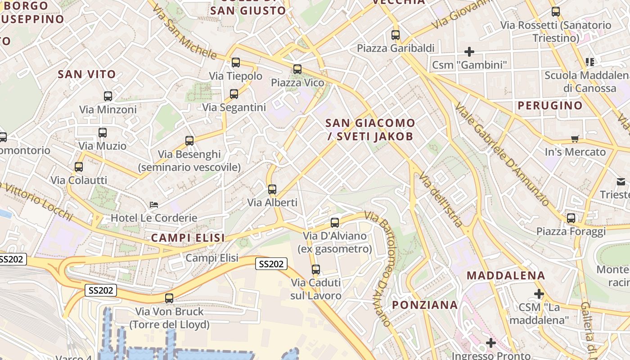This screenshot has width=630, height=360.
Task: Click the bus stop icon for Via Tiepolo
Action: click(x=235, y=63)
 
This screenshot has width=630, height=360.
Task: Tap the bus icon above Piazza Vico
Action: click(x=297, y=69)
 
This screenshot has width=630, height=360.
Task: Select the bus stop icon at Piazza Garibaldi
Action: click(x=396, y=35)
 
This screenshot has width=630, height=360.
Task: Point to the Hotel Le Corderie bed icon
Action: click(x=154, y=205)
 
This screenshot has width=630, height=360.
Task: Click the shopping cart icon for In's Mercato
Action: click(x=575, y=139)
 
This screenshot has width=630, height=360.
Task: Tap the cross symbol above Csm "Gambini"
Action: click(x=469, y=52)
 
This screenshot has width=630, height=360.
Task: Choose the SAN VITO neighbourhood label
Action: click(x=87, y=74)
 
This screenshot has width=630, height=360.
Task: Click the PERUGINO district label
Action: click(x=550, y=106)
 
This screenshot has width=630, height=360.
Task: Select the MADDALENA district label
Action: click(x=506, y=275)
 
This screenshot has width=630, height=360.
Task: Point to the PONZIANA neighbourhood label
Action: click(x=425, y=305)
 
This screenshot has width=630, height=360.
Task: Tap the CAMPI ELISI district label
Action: click(x=188, y=238)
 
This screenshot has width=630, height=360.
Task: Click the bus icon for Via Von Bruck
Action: click(x=169, y=298)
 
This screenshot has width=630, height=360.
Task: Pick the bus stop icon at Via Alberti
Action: click(x=272, y=189)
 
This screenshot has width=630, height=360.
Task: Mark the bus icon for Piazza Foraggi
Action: click(x=571, y=218)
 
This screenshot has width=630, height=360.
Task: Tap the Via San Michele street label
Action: click(x=185, y=32)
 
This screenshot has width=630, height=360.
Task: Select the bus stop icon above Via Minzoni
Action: click(x=108, y=96)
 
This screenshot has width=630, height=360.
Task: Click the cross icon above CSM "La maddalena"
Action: click(x=539, y=294)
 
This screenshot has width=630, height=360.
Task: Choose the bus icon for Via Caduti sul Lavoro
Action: click(x=316, y=270)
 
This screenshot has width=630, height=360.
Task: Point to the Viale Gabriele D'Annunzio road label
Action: click(x=502, y=154)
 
